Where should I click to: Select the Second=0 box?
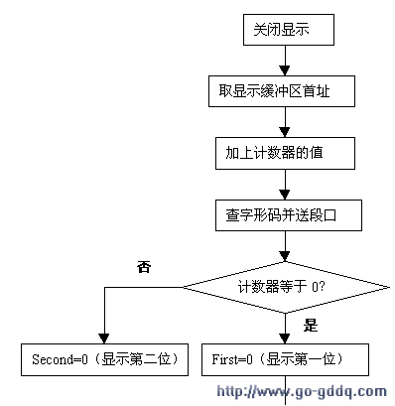tap(102, 358)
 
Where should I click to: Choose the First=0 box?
tap(285, 358)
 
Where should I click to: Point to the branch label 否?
tap(145, 267)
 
